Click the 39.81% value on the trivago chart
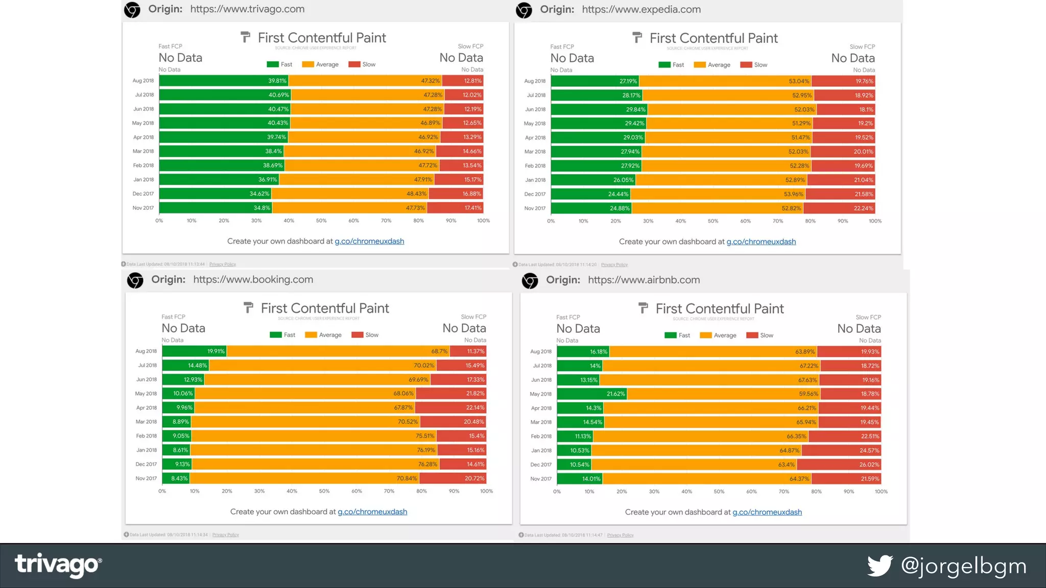point(277,81)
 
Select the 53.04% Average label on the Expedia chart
point(799,81)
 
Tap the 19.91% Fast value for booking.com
point(216,351)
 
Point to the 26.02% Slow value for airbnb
point(869,464)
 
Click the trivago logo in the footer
point(58,565)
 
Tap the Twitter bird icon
point(880,566)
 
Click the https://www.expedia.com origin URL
point(641,9)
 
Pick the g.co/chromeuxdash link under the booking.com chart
point(372,511)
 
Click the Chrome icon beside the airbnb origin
point(530,281)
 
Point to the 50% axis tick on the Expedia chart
point(713,221)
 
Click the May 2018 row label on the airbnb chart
point(541,394)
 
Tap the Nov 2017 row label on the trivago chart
point(143,208)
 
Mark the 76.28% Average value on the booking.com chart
point(427,464)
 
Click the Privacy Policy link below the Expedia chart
point(614,264)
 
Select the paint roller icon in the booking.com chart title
point(248,308)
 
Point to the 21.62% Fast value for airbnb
point(615,394)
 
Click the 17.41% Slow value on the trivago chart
point(473,208)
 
